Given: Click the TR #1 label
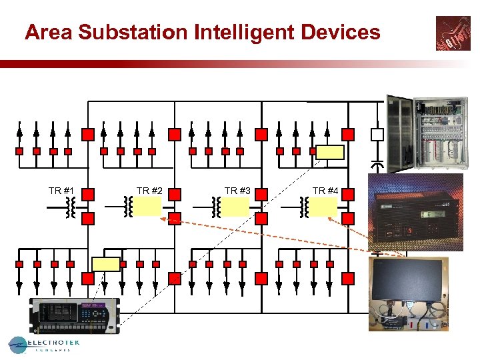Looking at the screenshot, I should point(61,191).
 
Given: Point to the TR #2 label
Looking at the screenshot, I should point(149,191).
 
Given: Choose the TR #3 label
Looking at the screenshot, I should point(237,191).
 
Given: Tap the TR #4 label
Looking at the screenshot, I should point(325,191).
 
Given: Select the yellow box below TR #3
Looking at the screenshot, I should point(235,207).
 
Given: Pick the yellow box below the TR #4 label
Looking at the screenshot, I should point(323,207).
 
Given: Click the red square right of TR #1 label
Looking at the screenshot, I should point(88,195).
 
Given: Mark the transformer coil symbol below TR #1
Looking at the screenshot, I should point(69,208).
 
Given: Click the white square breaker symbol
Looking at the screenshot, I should point(377,135).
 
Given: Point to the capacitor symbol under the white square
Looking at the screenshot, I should point(377,164).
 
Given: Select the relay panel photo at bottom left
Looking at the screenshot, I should point(75,315).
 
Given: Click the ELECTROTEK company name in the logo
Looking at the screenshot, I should point(53,343).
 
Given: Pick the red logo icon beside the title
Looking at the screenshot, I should point(453,33).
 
